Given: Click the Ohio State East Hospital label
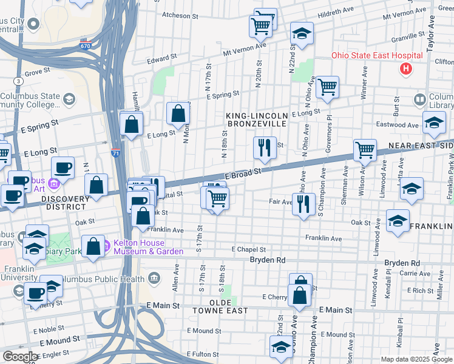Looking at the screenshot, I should tap(376, 56).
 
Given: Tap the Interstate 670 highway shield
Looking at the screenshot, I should tap(86, 45).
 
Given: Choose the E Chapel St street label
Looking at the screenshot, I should tap(249, 249).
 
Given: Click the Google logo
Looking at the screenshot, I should tap(20, 357).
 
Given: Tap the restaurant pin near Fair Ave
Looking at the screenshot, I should tap(303, 204).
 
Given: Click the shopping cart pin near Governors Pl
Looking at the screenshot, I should tap(327, 87).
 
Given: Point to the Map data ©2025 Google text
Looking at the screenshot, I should tap(416, 359).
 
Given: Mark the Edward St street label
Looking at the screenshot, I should tap(161, 59).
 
